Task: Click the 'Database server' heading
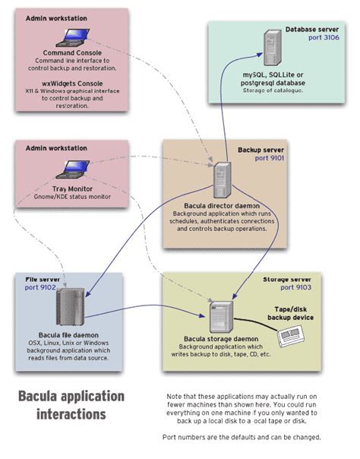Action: [313, 28]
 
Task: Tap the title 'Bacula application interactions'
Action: [71, 405]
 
